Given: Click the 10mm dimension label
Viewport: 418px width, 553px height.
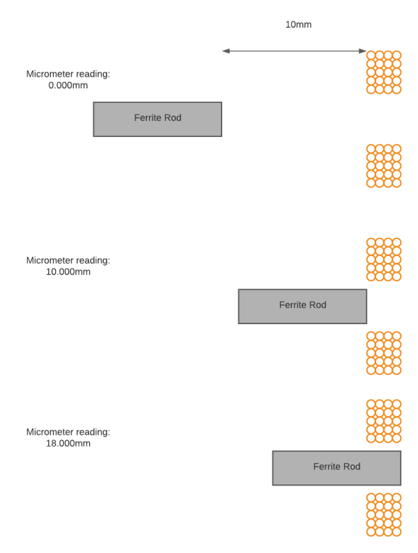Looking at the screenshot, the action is point(298,24).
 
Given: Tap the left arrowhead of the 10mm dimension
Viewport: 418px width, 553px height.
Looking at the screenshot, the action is point(226,51).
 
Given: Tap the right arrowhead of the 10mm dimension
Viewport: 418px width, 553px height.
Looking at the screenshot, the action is point(362,51).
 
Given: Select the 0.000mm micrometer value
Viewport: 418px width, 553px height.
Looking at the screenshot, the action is point(68,86).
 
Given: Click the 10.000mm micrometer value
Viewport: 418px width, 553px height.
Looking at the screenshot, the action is point(68,272).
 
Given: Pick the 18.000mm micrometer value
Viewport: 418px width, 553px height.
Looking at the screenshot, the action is point(68,443).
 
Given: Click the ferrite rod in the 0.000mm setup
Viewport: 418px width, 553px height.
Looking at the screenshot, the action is point(157,119).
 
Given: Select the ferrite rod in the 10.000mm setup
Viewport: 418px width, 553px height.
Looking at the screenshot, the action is point(302,307).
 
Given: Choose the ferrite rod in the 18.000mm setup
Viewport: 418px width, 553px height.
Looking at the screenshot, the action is point(336,468).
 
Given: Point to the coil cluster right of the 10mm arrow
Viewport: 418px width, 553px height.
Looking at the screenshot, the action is point(384,72).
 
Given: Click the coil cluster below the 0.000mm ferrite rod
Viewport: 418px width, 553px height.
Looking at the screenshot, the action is point(384,166).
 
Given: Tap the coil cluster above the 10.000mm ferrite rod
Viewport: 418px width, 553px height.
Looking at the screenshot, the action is point(384,259).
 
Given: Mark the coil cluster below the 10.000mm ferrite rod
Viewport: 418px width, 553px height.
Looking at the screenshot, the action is point(384,353).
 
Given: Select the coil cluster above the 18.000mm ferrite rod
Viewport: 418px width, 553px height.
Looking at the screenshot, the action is point(384,421).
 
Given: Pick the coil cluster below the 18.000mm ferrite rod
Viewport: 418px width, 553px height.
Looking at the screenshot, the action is point(384,515).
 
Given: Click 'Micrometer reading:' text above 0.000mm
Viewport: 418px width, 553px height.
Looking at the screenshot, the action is point(68,74).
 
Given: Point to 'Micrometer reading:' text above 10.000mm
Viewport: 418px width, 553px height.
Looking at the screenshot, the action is point(68,261).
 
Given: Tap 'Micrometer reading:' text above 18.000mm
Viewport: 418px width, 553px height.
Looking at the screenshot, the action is point(68,432).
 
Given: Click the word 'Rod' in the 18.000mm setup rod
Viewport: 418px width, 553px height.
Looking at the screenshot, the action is point(352,467).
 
